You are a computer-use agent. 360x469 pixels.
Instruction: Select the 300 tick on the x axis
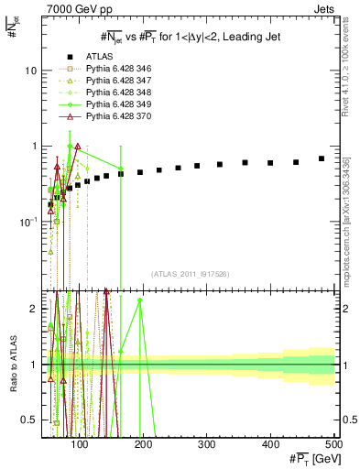(206, 444)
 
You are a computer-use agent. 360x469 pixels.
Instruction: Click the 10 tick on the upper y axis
(32, 71)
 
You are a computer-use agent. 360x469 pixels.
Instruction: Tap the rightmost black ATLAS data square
(322, 158)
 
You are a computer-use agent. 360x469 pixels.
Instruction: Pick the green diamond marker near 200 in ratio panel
(140, 300)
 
